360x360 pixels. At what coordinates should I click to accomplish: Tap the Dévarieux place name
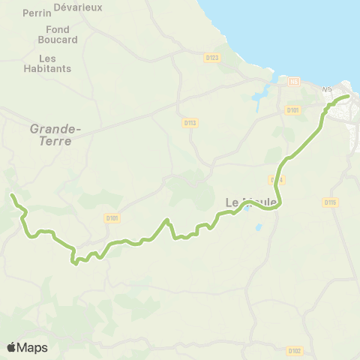[x=82, y=7]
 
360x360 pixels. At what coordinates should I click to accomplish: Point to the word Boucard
[x=56, y=40]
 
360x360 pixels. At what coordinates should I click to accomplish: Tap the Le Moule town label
[x=251, y=202]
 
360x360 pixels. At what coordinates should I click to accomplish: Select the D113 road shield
[x=189, y=121]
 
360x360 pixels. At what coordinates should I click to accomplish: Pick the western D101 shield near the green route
[x=112, y=218]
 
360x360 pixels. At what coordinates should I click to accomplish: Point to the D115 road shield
[x=329, y=202]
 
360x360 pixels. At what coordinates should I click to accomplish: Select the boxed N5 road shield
[x=294, y=81]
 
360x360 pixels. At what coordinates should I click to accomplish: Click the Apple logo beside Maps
[x=12, y=347]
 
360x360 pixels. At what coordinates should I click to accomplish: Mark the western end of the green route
[x=12, y=196]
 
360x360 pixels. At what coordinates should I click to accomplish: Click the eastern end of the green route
[x=348, y=96]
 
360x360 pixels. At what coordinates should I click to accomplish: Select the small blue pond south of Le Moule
[x=259, y=226]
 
